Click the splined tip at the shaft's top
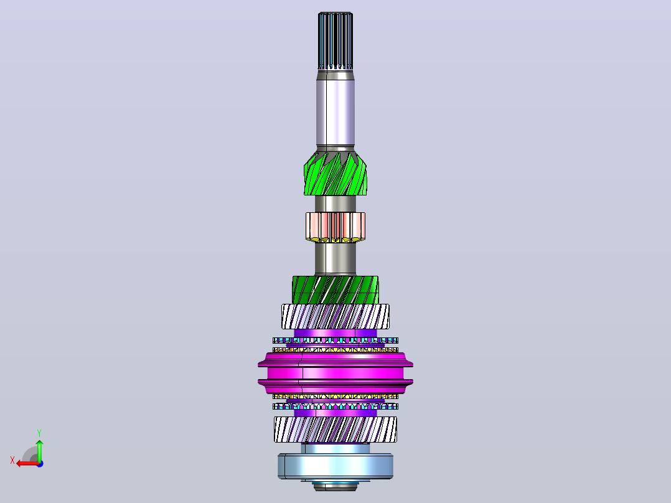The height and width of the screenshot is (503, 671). point(335,40)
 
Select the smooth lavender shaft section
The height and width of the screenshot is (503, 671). point(335,112)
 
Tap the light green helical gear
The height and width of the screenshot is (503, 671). point(335,174)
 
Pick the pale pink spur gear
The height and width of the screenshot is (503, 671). point(335,227)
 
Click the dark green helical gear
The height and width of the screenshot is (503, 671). point(335,290)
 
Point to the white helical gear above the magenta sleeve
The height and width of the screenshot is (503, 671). point(335,316)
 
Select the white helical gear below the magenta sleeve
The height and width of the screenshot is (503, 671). point(335,430)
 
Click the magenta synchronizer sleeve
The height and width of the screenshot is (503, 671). point(335,373)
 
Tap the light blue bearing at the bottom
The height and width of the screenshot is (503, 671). point(335,466)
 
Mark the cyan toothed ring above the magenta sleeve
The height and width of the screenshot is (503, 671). point(335,341)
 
